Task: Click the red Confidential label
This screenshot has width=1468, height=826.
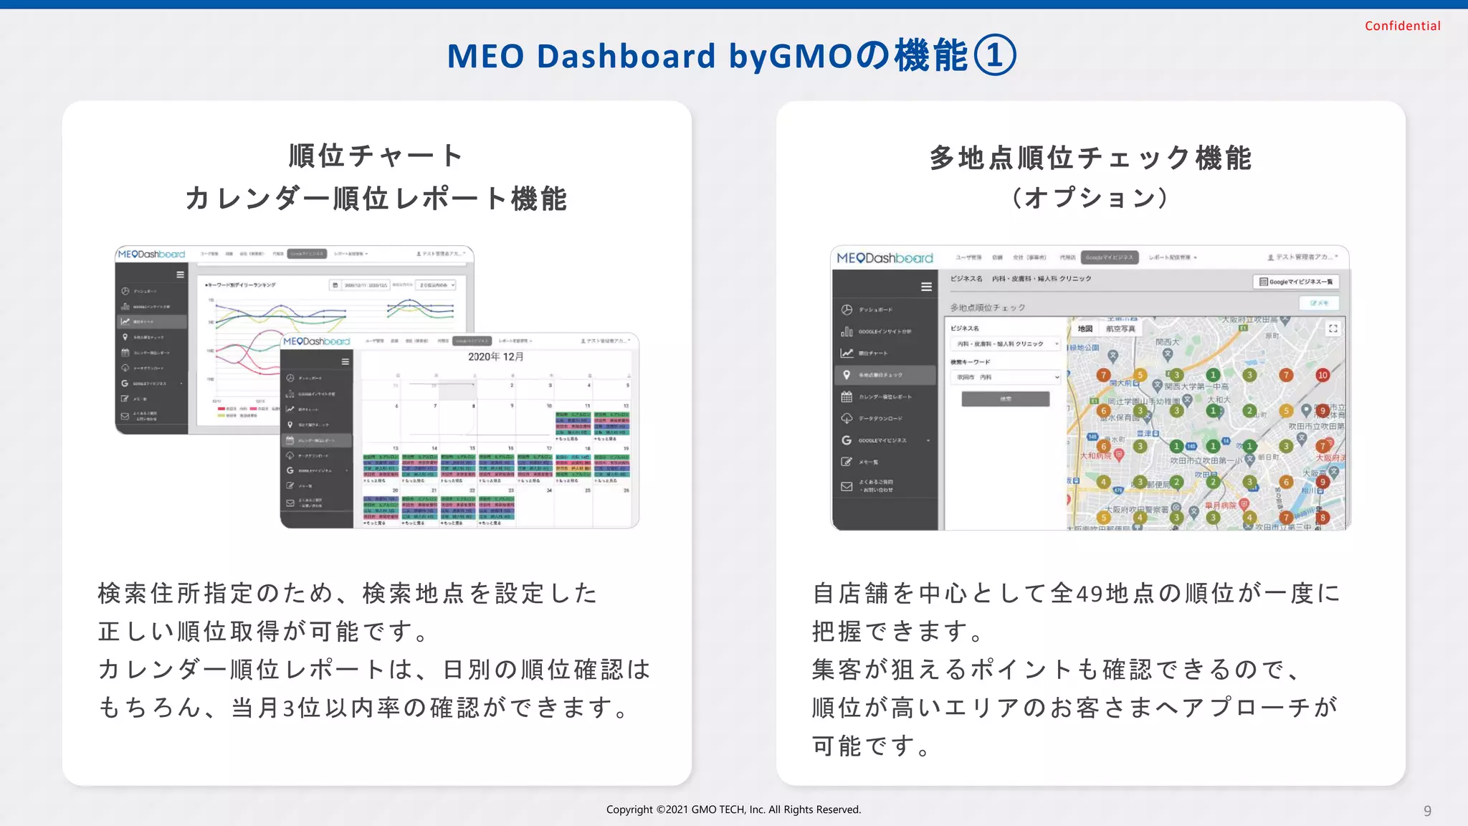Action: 1402,26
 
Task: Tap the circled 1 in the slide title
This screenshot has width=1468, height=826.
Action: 995,55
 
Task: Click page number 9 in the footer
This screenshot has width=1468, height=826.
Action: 1427,811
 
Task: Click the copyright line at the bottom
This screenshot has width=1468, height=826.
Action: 733,810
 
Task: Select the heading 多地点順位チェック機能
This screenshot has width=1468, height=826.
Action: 1090,158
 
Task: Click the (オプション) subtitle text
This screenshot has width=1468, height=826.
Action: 1090,197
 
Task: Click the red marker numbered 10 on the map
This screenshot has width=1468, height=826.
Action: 1322,375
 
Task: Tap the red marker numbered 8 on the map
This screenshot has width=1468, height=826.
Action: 1322,517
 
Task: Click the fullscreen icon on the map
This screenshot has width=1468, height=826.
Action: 1333,328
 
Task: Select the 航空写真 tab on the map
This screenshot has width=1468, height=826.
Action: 1120,328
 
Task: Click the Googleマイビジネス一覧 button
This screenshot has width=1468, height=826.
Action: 1297,282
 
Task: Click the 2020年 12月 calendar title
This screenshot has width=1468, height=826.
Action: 495,356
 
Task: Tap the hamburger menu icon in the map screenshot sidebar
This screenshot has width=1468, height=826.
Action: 926,287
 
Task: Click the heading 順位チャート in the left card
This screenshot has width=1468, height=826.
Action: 376,156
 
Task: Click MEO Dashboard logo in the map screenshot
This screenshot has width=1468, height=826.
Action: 885,258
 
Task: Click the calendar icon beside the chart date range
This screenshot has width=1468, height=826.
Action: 335,285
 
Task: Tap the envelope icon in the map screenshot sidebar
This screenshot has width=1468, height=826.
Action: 847,486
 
